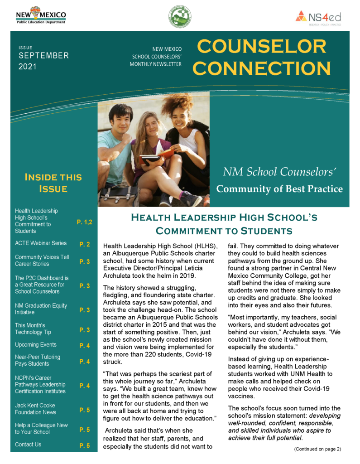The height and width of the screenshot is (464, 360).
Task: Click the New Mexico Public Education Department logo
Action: (x=41, y=15)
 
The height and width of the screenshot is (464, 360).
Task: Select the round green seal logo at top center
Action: (x=180, y=17)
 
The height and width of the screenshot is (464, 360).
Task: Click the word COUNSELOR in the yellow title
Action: (x=261, y=47)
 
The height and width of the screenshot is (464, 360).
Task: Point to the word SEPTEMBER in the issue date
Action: (x=44, y=56)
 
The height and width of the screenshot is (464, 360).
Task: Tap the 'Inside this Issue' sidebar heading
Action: (x=53, y=183)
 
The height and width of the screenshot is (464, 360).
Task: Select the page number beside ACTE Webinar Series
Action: (x=85, y=245)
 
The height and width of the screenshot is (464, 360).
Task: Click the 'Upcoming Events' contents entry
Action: (x=36, y=345)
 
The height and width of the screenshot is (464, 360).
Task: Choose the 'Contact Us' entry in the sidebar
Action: (x=28, y=444)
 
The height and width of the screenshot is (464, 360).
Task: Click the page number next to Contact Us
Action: (x=85, y=446)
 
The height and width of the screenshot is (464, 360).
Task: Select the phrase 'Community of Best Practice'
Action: (x=279, y=188)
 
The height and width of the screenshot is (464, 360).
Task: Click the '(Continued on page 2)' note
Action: (x=317, y=449)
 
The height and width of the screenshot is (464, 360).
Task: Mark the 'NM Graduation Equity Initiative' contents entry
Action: (x=41, y=309)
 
